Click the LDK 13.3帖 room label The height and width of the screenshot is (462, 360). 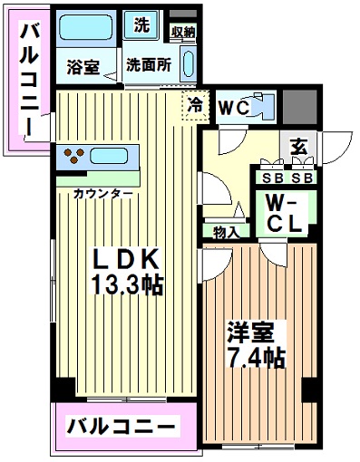127,272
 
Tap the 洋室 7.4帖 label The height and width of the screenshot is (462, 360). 256,344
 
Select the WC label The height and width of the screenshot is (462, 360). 234,108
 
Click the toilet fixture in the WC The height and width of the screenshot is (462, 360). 262,107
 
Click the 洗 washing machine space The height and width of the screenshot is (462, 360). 141,24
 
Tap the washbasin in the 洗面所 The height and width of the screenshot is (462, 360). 189,63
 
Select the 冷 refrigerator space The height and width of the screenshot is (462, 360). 196,105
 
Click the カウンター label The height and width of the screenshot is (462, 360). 103,193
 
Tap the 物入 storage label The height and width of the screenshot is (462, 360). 227,233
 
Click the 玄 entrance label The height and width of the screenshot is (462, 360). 299,147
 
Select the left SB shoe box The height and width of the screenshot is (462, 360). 273,178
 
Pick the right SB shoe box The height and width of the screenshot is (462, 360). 302,178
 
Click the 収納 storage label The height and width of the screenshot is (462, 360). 183,32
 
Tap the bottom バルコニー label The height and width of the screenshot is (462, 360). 121,427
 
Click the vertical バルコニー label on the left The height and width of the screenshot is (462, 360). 29,80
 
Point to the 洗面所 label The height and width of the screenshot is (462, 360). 149,64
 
